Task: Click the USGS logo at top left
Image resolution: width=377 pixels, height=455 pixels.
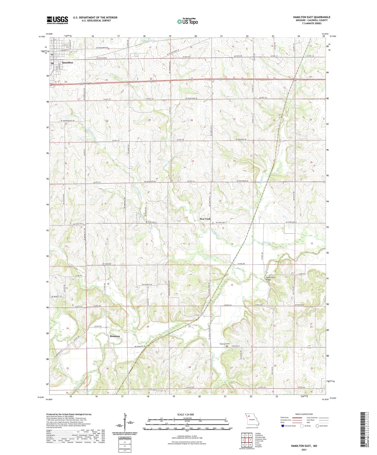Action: [57, 20]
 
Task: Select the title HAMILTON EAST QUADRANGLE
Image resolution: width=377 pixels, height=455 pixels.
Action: [311, 17]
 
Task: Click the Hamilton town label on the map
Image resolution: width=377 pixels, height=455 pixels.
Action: [68, 63]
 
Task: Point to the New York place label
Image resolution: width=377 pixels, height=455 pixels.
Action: [205, 219]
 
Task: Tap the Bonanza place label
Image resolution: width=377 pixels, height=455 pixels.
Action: [115, 336]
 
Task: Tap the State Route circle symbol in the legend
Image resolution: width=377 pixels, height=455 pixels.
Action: [317, 426]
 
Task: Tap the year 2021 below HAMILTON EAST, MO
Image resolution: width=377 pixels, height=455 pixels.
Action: [304, 450]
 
